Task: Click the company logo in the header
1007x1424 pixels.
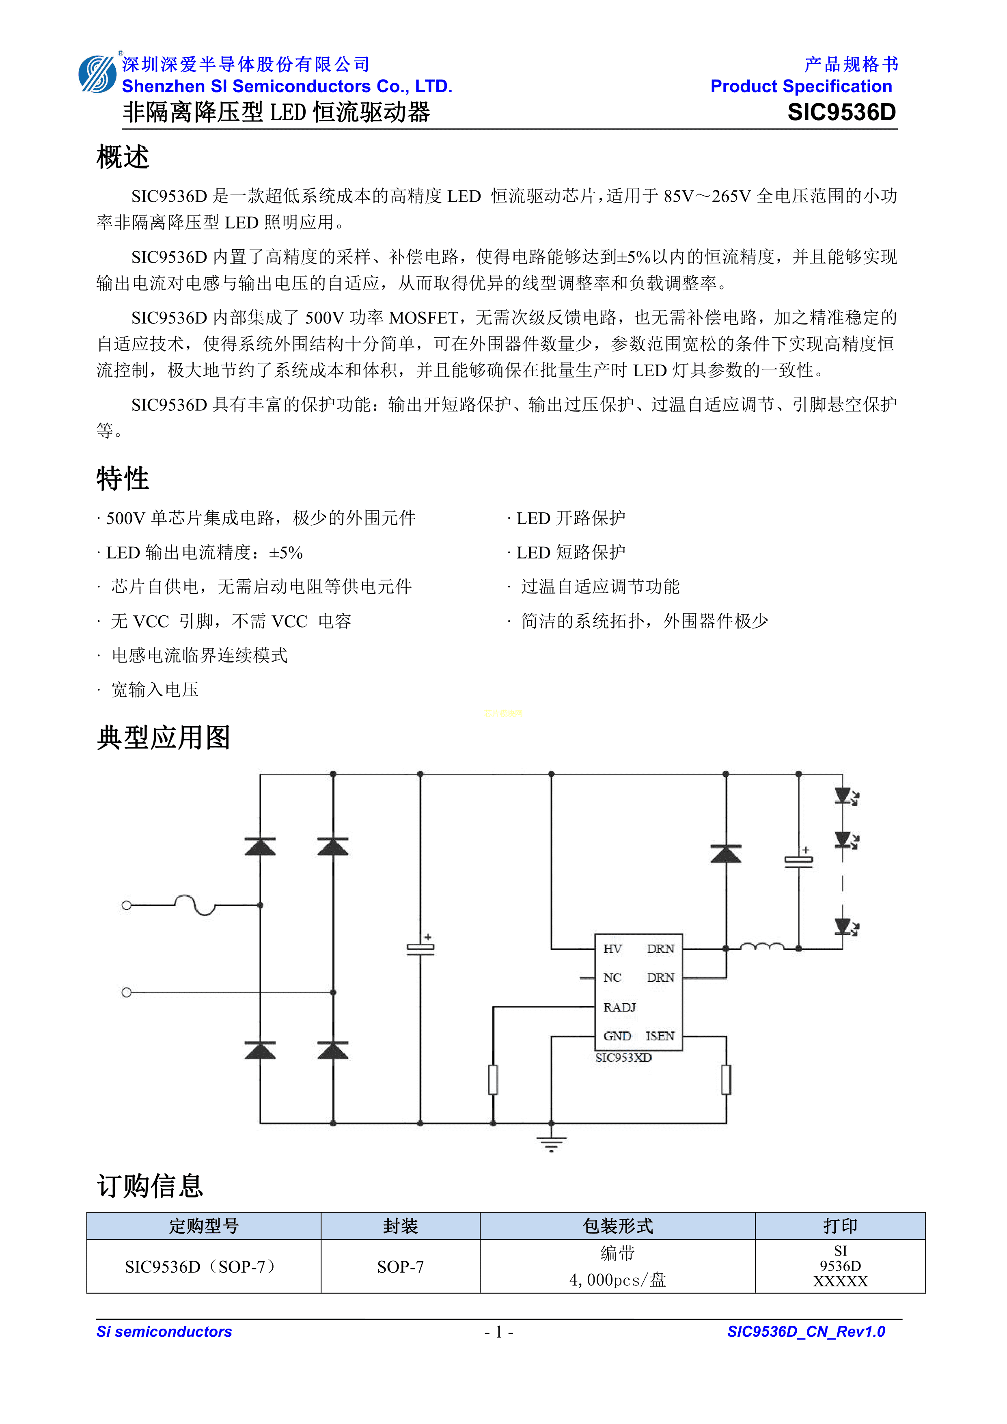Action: click(x=97, y=74)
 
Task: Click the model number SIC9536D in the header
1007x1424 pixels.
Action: click(x=841, y=112)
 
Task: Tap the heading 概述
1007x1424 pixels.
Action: click(x=123, y=157)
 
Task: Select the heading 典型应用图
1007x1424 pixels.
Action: click(x=164, y=738)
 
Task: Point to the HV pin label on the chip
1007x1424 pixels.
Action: click(x=612, y=949)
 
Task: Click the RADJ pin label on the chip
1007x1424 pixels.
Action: click(x=619, y=1007)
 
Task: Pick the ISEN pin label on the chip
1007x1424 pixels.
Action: click(x=660, y=1036)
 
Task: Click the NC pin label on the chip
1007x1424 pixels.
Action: click(x=612, y=978)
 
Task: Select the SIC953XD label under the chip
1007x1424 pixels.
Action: click(x=623, y=1058)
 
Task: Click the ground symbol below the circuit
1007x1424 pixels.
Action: click(x=551, y=1143)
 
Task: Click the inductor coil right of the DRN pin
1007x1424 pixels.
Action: click(x=762, y=947)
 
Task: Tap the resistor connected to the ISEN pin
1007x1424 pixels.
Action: click(x=726, y=1080)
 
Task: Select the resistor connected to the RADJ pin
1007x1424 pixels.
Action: click(x=494, y=1080)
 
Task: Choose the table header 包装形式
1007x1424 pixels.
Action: click(x=618, y=1226)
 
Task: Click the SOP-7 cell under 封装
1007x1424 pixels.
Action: click(x=401, y=1266)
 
